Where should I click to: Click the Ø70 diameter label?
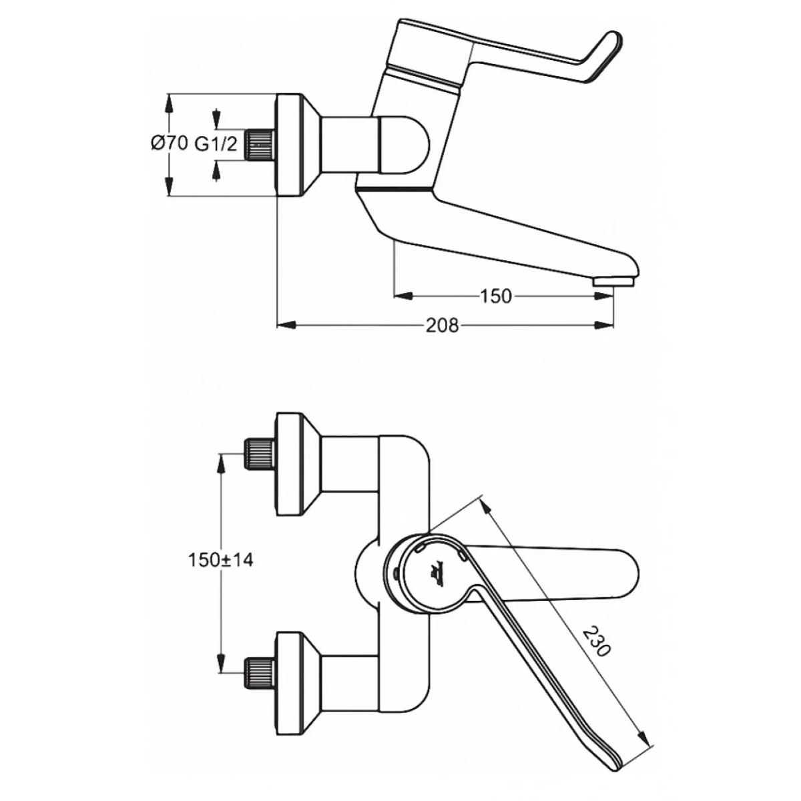(x=169, y=144)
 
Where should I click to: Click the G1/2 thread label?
(x=216, y=144)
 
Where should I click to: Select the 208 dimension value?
(x=442, y=326)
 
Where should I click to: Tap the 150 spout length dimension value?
(x=495, y=296)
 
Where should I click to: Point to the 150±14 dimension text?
(x=220, y=560)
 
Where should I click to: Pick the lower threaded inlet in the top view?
(x=260, y=674)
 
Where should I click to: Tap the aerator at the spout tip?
(x=613, y=282)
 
